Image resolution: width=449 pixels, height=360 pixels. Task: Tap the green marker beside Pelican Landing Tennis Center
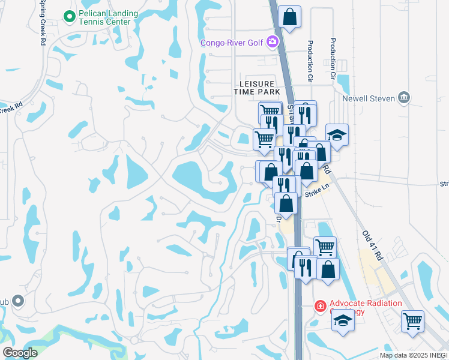tap(70, 17)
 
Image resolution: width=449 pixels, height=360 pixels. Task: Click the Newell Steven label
tap(367, 98)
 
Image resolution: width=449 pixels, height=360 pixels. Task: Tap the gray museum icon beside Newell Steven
tap(403, 97)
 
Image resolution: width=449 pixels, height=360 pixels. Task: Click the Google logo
tap(20, 353)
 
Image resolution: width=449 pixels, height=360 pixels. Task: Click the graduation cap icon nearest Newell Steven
tap(337, 134)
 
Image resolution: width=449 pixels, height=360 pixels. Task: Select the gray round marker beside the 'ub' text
tap(18, 300)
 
